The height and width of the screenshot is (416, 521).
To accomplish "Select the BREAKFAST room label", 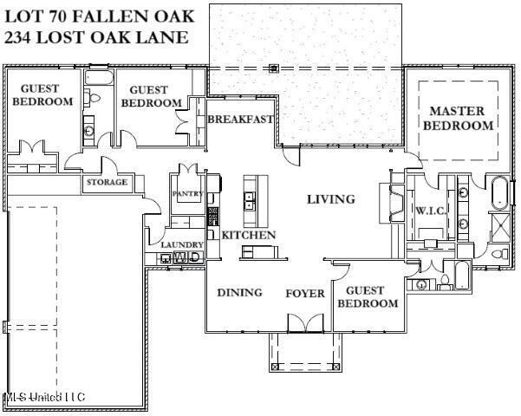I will tap(240, 119).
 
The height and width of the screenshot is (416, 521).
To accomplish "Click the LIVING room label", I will tap(331, 199).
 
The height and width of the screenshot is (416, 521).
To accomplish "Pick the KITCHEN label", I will tap(249, 235).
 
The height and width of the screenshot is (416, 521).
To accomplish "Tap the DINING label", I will tap(239, 292).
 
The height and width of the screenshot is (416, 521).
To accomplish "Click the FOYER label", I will tap(305, 293).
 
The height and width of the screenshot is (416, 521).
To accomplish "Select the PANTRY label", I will tap(187, 193).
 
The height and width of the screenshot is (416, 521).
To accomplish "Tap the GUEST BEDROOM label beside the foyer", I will tap(367, 297).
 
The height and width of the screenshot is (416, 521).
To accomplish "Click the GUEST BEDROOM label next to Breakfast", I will tap(151, 96).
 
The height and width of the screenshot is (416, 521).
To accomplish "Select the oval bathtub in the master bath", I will tap(500, 193).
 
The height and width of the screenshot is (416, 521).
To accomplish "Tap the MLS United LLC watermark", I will tap(44, 396).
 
